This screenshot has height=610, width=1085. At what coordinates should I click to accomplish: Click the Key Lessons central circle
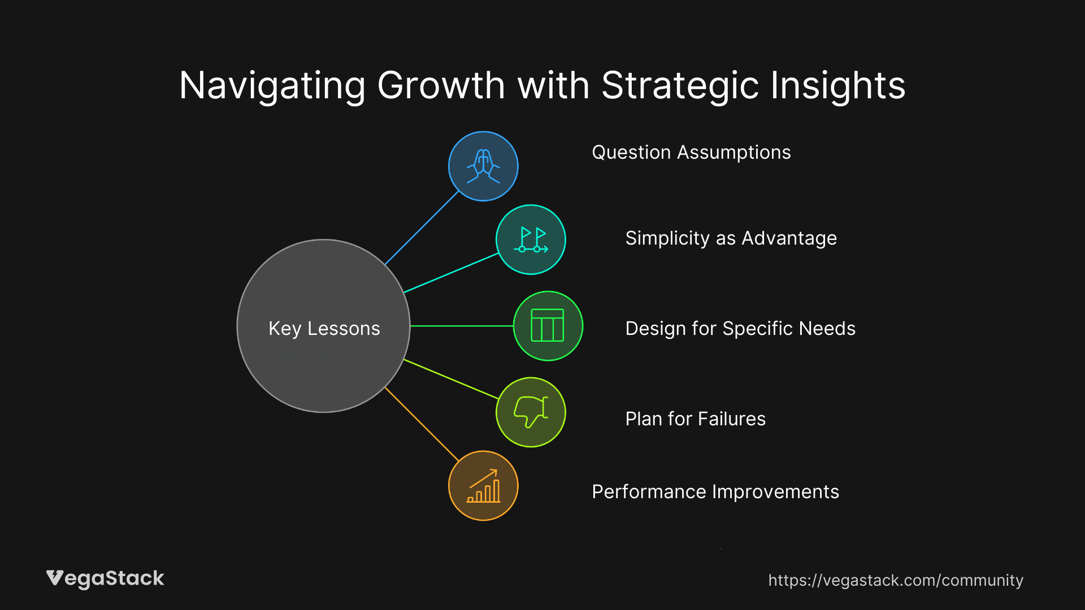point(323,326)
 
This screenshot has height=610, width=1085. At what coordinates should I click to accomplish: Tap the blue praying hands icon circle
point(483,166)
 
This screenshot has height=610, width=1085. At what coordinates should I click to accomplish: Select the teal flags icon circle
point(531,239)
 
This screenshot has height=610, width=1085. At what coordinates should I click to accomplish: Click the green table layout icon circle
point(548,326)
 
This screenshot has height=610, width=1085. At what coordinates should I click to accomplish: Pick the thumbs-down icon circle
point(531,412)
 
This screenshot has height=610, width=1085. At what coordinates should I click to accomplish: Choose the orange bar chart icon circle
point(483,486)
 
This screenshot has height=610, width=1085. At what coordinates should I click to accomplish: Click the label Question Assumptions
point(691,152)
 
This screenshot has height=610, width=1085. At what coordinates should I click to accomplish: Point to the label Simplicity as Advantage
point(731,238)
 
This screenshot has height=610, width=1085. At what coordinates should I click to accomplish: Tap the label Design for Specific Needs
point(740,329)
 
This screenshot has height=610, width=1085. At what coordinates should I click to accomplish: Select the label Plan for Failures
point(695,419)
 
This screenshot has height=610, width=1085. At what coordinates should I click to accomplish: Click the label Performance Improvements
point(715,492)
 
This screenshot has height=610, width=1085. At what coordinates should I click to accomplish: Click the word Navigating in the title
point(272,86)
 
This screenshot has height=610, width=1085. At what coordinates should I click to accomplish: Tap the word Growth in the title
point(441,86)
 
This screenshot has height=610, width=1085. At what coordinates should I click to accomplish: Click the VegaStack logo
point(105,578)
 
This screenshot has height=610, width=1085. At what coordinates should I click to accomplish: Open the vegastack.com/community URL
point(895,580)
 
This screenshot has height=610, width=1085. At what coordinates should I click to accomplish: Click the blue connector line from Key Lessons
point(422,228)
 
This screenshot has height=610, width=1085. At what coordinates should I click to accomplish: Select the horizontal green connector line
point(461,326)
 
